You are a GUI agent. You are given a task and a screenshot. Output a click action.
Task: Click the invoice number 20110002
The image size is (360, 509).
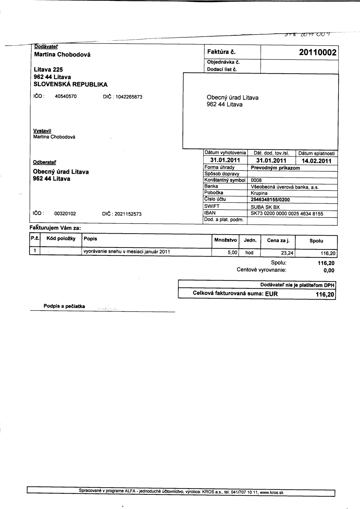point(318,53)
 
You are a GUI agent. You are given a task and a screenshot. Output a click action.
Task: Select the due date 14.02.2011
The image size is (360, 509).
point(316,161)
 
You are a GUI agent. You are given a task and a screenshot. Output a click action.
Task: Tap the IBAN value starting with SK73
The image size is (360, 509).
point(287,214)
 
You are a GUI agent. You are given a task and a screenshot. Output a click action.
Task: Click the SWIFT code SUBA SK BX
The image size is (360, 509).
point(265,207)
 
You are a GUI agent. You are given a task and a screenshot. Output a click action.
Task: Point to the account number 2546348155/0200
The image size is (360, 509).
point(270,200)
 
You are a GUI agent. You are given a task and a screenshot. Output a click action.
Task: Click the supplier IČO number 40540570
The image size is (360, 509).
point(66,96)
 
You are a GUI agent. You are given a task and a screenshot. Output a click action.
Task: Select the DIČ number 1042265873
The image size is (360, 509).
point(129,97)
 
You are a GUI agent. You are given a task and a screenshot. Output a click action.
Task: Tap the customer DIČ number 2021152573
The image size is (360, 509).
point(128,214)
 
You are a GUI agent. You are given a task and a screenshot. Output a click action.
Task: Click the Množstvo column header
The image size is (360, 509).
point(226,240)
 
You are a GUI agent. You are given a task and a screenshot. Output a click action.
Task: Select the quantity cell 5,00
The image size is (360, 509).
point(233,253)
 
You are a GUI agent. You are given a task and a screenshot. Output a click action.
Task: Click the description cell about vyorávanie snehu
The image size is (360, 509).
point(127,252)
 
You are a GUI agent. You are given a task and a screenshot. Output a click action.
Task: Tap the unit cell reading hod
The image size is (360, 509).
point(249,253)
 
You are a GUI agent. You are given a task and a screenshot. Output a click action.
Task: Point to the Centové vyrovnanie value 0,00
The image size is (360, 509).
point(329,271)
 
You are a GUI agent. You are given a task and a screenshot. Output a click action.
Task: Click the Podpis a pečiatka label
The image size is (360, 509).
point(64,306)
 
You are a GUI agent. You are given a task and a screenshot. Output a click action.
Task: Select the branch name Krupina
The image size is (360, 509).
point(259,193)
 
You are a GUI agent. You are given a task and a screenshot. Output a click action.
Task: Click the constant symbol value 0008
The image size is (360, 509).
point(256,180)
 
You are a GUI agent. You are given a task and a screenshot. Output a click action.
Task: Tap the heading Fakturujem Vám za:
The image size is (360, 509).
point(55,228)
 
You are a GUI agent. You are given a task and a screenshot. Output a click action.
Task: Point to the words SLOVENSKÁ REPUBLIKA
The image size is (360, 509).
point(71,84)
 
